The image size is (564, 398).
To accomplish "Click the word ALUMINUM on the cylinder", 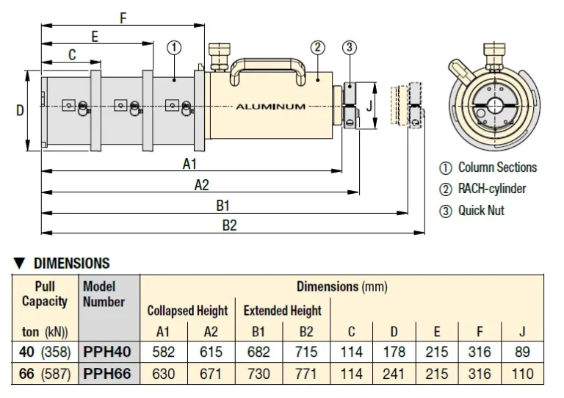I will pos(270,106).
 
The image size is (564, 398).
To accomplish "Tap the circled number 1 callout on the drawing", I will pos(174,48).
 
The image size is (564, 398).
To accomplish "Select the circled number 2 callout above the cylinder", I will pos(317,48).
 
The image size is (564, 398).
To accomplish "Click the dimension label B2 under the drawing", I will pos(229,225).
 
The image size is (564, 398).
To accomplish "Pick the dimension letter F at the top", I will pos(123,19).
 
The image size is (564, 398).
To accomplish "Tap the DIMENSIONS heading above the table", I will pos(62,263).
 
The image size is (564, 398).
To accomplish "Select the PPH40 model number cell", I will pos(107,352).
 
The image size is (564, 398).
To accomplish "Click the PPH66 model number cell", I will pos(107,374).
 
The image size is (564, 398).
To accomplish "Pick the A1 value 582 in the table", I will pos(163,352).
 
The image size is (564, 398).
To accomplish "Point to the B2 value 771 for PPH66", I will pos(306,374).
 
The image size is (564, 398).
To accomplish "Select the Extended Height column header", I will pos(283,311).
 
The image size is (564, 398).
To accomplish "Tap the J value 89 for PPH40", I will pos(522,352).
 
